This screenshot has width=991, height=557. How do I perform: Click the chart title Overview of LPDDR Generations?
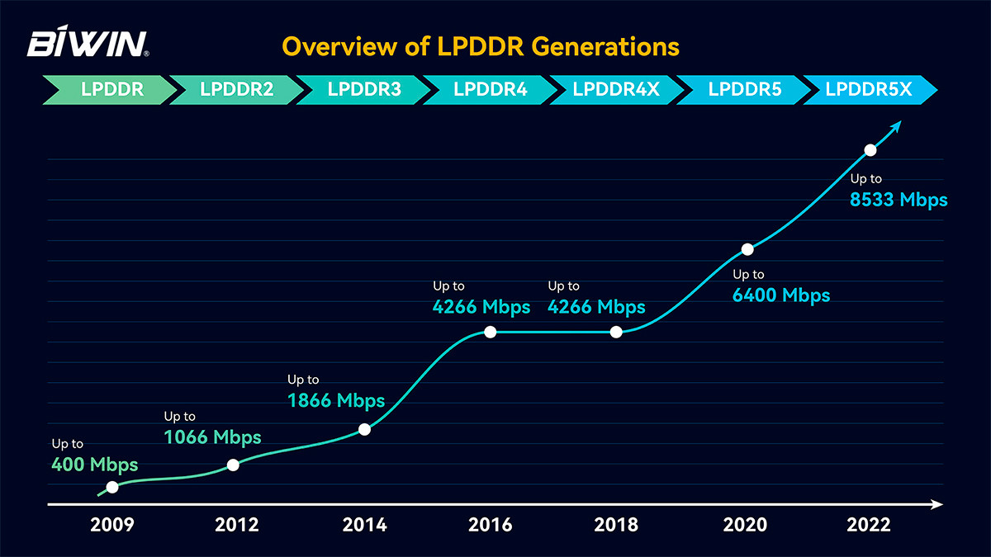pos(481,45)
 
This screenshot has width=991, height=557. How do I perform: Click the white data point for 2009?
pos(112,487)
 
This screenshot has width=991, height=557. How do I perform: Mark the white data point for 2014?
pos(365,429)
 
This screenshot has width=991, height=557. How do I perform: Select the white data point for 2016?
pos(490,332)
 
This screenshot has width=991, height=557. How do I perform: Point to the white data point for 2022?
pos(870,150)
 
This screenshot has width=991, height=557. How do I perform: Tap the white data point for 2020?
pos(747,248)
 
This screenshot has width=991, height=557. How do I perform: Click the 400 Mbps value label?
pos(94,465)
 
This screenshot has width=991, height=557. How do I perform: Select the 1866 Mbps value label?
pos(336,401)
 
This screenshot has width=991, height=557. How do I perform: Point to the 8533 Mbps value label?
pos(899,200)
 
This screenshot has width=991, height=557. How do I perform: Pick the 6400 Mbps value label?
pos(781,295)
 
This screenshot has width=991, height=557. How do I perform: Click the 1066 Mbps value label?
pos(213,437)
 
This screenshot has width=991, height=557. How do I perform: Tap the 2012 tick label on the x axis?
pos(236,525)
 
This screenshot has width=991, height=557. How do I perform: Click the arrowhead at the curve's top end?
pos(898,125)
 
